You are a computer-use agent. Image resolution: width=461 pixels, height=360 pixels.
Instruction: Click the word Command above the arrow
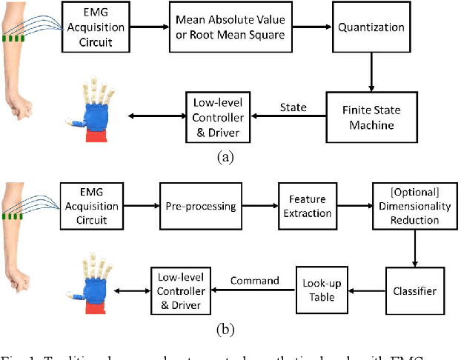[255, 280]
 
